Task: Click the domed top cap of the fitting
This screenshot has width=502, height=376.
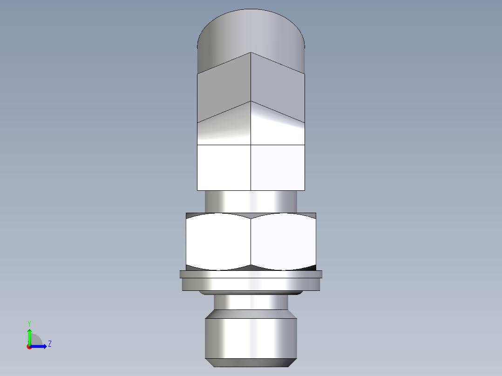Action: click(x=251, y=30)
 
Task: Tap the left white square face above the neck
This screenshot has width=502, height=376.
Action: click(x=224, y=167)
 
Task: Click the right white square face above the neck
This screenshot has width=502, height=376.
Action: click(x=278, y=167)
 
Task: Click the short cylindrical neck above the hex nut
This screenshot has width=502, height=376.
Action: click(x=251, y=201)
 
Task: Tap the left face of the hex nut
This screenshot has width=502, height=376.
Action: click(x=218, y=242)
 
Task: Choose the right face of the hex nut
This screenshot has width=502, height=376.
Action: click(x=283, y=242)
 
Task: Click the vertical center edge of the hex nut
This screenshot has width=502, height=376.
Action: click(x=251, y=242)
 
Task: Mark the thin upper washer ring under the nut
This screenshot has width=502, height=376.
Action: click(x=251, y=274)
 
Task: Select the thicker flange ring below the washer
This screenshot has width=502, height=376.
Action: click(x=251, y=284)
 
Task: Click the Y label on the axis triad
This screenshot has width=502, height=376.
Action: click(x=29, y=323)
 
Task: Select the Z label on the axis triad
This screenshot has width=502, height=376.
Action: click(x=49, y=344)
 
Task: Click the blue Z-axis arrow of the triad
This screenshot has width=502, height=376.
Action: click(x=40, y=346)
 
